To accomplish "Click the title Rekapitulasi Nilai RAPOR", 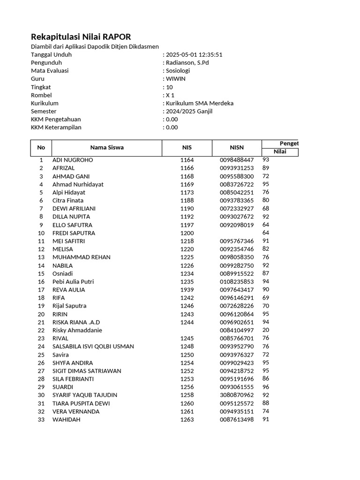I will tap(81, 37).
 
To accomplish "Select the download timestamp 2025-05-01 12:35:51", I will tap(194, 54).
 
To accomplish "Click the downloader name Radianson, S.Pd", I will tap(187, 62).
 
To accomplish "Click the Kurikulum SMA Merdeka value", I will tap(200, 103).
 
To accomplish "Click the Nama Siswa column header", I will tap(107, 147).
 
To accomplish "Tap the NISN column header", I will tap(237, 147).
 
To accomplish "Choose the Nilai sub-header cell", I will tap(280, 151).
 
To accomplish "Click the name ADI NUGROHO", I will tap(73, 160).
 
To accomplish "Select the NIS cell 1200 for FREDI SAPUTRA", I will tap(187, 233).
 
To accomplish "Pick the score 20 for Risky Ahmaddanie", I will tap(266, 330).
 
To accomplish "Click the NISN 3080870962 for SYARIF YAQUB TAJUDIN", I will tap(237, 395).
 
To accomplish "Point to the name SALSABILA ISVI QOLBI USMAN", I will tap(93, 346).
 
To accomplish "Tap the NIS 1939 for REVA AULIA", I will tap(187, 290).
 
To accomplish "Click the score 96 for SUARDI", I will tap(266, 387).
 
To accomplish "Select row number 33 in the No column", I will tap(41, 420).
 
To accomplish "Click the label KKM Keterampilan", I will tap(56, 127).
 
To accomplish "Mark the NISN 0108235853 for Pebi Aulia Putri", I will tap(237, 282).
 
